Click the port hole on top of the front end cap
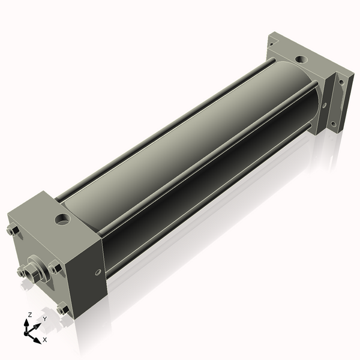coord(63,219)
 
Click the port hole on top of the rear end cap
coord(301,59)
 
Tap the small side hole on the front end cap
coord(98,272)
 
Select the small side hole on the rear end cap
coord(325,106)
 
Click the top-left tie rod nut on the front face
coord(13,230)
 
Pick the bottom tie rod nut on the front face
coord(62,308)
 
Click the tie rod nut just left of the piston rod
coord(21,272)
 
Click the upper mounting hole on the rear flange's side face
coord(341,82)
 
